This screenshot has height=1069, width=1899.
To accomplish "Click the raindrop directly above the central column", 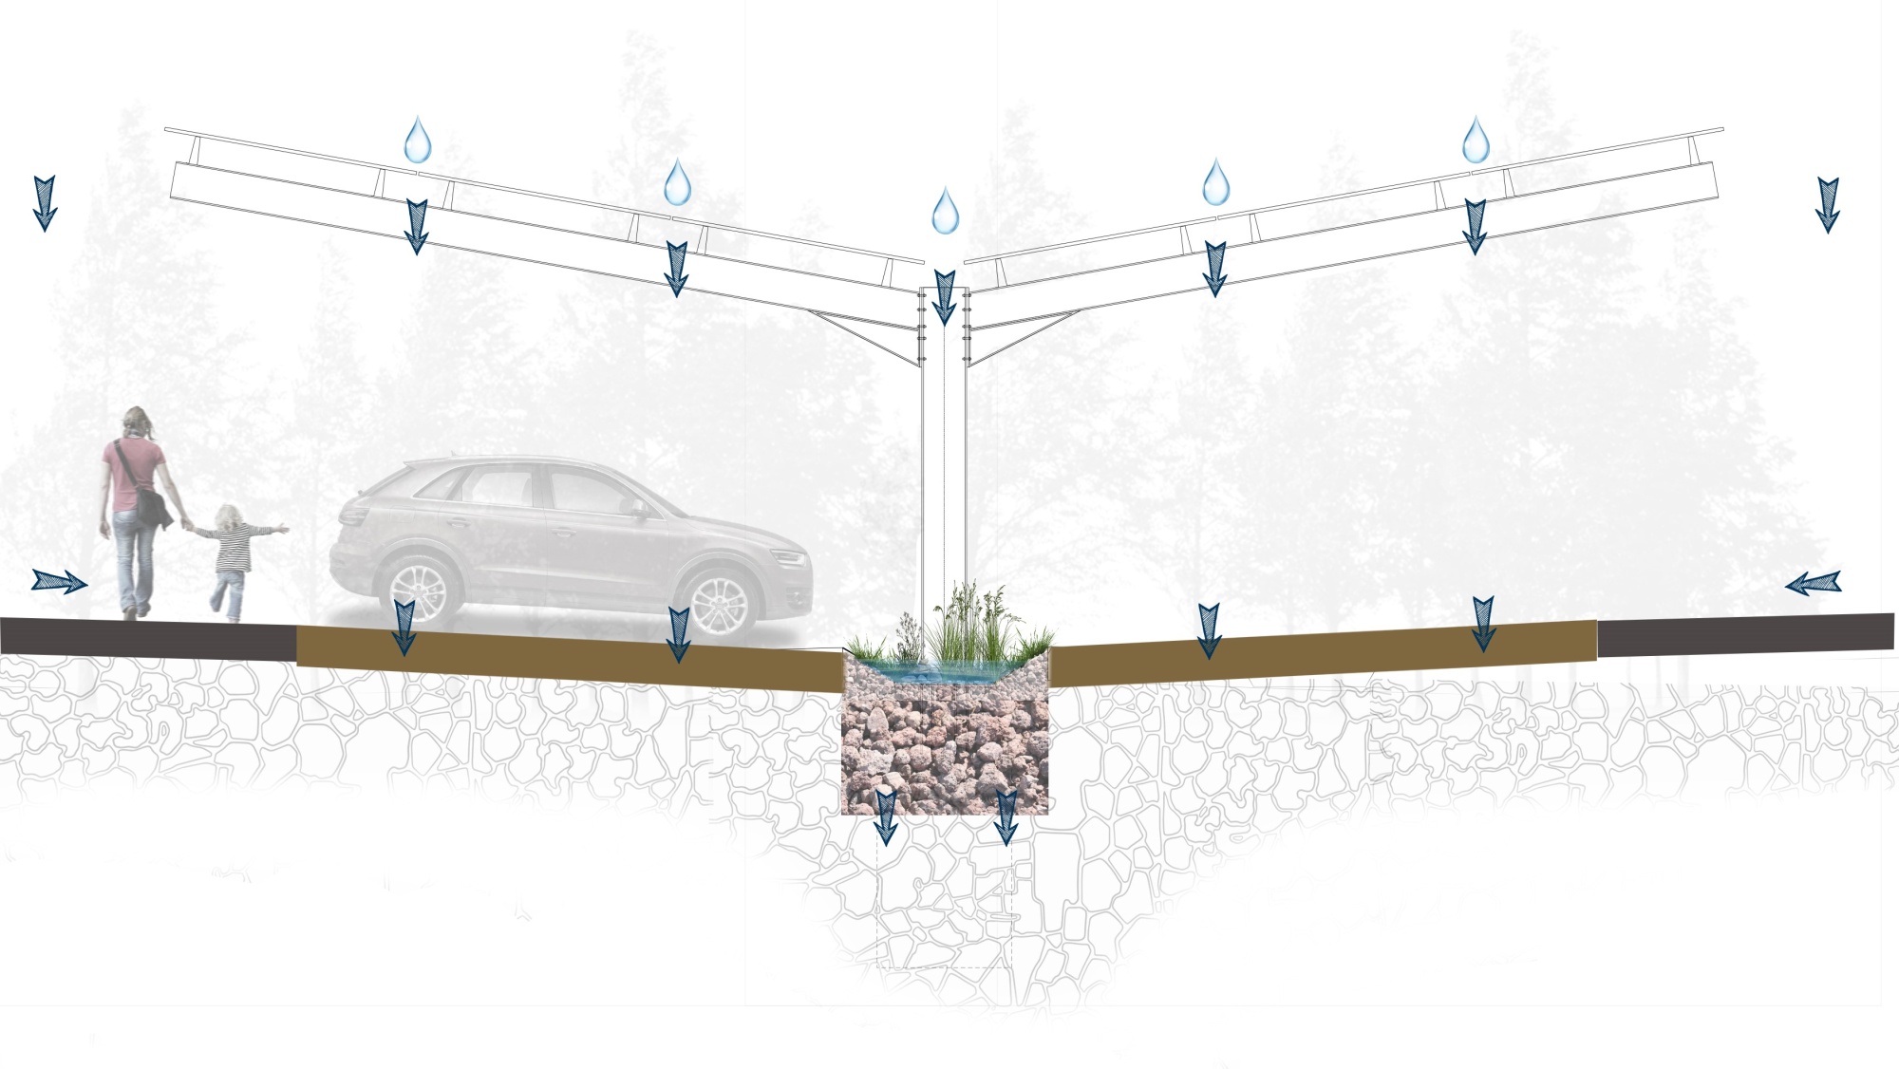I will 945,212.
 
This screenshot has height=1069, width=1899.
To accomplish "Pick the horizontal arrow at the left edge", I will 59,581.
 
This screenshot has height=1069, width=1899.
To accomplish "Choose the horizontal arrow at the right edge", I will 1814,583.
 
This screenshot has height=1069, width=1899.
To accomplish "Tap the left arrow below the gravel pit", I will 885,816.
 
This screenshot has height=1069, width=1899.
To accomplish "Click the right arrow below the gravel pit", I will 1006,816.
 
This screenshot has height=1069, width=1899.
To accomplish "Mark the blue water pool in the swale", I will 940,673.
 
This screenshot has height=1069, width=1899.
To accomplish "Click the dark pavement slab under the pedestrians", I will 142,637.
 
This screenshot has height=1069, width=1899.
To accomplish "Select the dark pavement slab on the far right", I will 1747,634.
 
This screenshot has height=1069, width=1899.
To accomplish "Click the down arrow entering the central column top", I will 944,296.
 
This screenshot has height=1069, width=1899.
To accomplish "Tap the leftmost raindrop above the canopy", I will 418,141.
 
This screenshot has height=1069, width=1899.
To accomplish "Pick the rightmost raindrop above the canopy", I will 1476,141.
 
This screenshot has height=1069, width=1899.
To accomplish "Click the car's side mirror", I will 641,510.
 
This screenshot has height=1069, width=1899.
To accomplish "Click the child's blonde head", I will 229,517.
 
